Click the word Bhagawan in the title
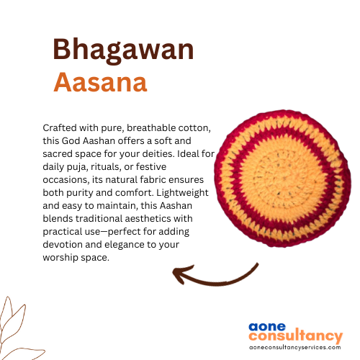[x=123, y=50]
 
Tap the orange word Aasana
[x=100, y=82]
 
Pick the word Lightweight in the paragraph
[x=182, y=193]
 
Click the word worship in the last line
[x=60, y=258]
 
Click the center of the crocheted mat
[x=282, y=179]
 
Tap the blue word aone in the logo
[x=267, y=327]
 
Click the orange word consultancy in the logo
[x=296, y=336]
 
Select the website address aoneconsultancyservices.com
[x=295, y=347]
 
